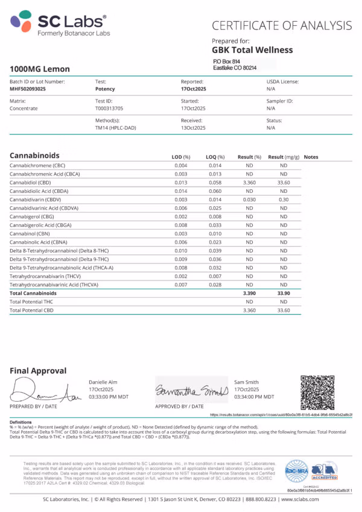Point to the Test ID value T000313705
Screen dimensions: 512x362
112,109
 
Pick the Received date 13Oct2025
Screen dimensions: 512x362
194,128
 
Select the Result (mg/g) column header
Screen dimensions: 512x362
284,157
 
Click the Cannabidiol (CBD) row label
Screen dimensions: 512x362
30,182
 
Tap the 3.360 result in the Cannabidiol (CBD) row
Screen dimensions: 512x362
249,182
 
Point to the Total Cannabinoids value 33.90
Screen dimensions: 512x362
284,292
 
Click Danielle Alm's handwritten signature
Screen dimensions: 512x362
42,393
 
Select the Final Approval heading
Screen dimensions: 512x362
38,371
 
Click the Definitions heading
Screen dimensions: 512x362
21,422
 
